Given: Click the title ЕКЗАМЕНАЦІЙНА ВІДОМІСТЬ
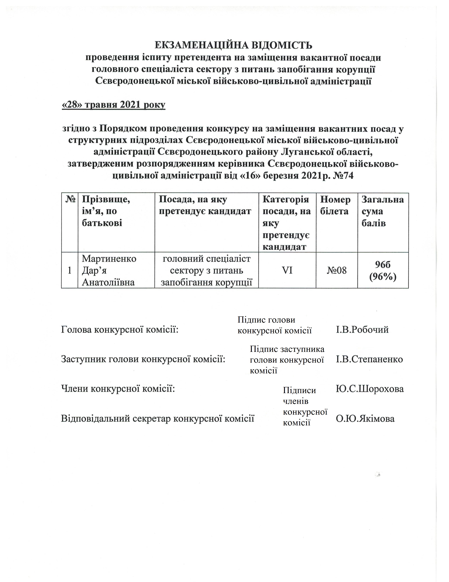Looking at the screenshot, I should (x=233, y=45).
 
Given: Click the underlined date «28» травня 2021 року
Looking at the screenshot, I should (x=113, y=105).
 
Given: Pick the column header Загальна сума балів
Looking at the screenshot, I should (x=382, y=211).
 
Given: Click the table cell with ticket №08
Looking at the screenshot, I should (x=336, y=271).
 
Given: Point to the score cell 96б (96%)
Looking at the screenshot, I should (x=382, y=271).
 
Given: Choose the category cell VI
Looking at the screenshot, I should (x=287, y=271).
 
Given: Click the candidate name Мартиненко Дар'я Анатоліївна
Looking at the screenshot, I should (x=109, y=271).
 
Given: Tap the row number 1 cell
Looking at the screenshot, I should (x=69, y=271).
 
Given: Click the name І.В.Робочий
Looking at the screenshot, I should (x=362, y=330).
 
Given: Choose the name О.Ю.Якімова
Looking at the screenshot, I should (x=365, y=419).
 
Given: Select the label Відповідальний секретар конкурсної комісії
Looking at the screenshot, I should (x=157, y=419).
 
